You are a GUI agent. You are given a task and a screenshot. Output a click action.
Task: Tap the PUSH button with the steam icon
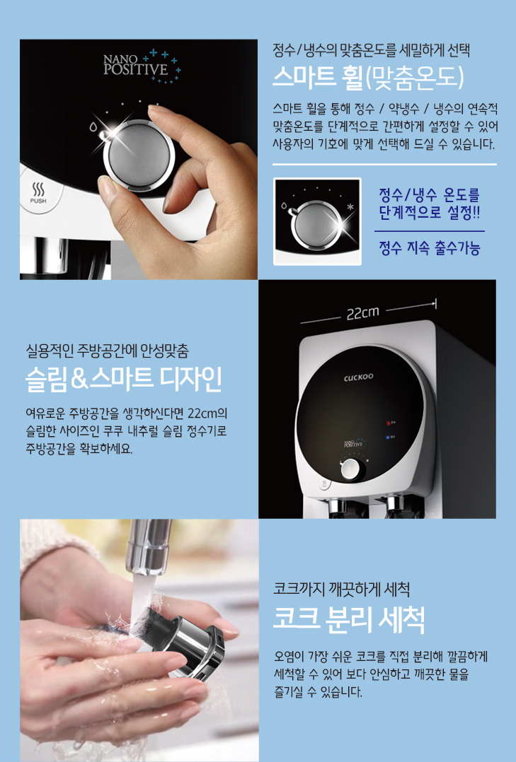coord(38,193)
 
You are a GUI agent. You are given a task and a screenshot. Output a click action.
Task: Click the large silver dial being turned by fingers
coord(139,153)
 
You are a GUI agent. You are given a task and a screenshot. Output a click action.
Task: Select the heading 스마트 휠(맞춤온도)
coord(368,77)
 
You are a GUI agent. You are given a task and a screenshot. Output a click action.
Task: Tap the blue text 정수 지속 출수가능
coord(430,248)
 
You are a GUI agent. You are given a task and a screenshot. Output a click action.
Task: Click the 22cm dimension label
coord(362,313)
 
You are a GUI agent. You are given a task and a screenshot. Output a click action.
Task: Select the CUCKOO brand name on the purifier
coord(359,377)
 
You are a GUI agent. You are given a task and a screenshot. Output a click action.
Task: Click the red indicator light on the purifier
coord(389,422)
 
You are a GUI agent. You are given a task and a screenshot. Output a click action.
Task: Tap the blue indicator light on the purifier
coord(389,438)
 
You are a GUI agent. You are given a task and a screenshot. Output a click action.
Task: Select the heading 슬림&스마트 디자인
coord(124,380)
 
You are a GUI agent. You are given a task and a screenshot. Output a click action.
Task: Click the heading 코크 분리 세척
coord(349,620)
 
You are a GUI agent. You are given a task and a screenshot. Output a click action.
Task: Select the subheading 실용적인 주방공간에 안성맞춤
coord(107,350)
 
